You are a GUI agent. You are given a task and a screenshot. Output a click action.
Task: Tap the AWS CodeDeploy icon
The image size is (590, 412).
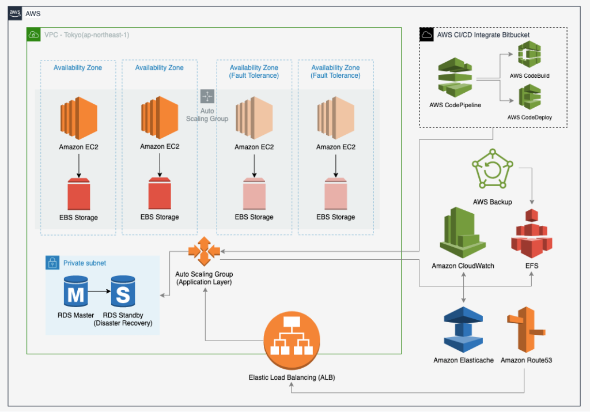tap(529, 97)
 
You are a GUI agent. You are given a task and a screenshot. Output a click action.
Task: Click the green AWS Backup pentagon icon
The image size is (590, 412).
tap(491, 170)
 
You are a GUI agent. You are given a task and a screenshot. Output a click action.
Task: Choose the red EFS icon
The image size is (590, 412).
tap(531, 233)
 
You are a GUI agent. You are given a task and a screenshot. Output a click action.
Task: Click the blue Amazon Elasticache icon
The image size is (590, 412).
tap(463, 329)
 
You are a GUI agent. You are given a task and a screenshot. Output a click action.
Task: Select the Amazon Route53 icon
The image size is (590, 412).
tap(524, 329)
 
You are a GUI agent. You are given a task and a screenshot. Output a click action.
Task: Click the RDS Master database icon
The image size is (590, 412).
tap(75, 291)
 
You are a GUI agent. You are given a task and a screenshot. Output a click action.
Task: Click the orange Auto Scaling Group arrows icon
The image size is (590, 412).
tap(203, 251)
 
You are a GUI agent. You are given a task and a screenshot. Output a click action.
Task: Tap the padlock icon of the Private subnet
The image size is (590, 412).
tap(52, 263)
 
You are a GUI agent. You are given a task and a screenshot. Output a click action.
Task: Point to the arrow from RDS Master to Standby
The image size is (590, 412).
tap(99, 291)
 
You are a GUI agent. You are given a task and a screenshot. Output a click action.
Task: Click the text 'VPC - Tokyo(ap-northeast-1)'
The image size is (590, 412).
tap(86, 35)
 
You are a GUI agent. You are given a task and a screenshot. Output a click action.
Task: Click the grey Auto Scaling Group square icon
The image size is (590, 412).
tap(207, 96)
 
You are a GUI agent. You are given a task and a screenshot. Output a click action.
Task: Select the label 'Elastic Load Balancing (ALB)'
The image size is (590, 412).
tap(292, 377)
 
